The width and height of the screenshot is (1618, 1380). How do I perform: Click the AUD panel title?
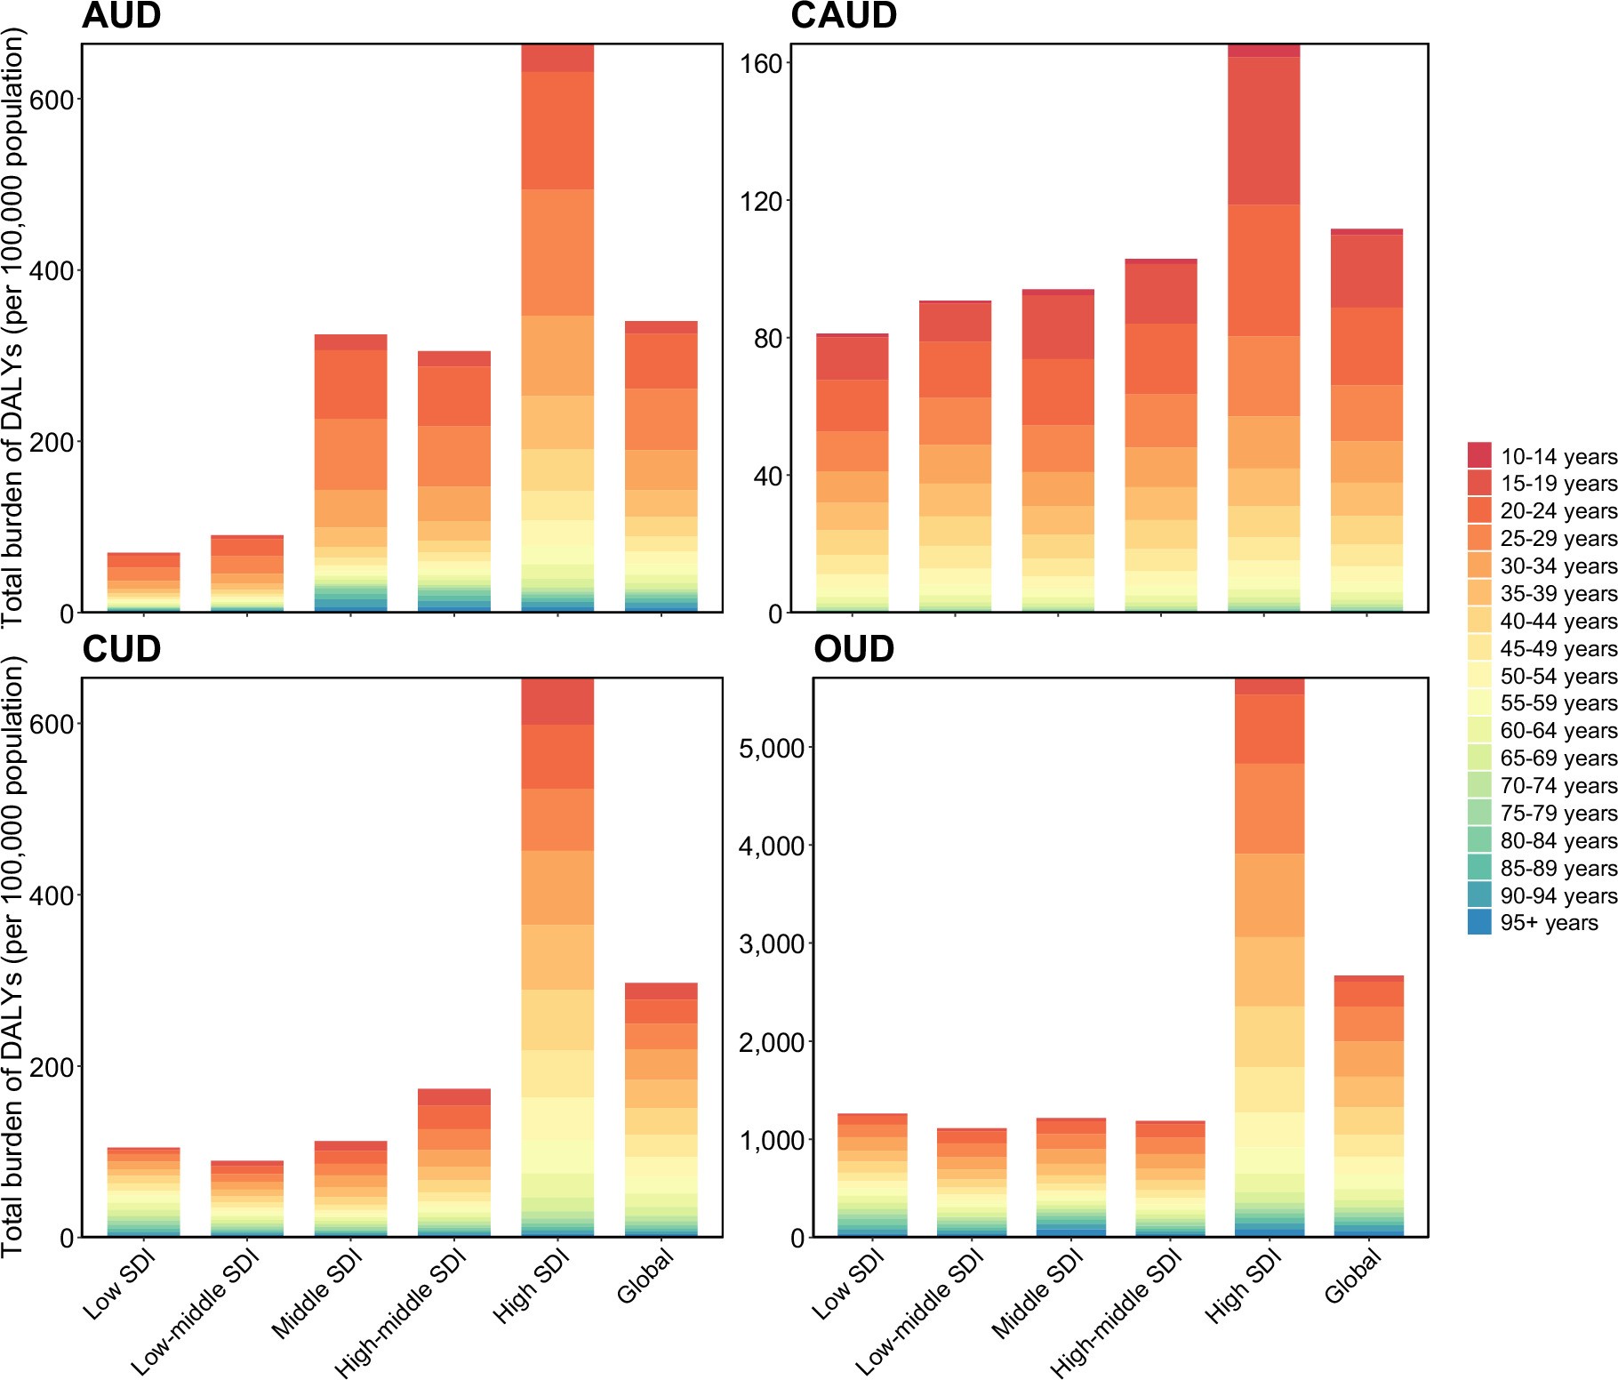click(x=121, y=16)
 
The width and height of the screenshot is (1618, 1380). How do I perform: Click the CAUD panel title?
click(x=843, y=16)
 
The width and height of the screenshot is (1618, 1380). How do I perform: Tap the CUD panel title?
click(x=121, y=649)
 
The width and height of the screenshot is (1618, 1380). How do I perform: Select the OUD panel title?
click(x=853, y=649)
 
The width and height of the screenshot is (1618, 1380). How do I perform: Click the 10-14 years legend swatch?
click(x=1479, y=455)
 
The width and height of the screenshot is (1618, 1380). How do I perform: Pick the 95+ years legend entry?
click(x=1548, y=923)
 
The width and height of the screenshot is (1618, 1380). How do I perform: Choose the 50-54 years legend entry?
click(x=1558, y=676)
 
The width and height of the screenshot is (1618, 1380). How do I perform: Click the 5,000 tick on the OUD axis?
click(x=772, y=748)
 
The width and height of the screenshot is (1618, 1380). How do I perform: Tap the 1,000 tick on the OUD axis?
click(x=772, y=1140)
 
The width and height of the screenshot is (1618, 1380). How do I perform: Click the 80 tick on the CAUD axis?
click(x=767, y=339)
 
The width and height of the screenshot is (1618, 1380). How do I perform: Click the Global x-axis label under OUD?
click(x=1353, y=1275)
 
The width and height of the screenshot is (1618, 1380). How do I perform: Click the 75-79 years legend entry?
click(x=1558, y=813)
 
